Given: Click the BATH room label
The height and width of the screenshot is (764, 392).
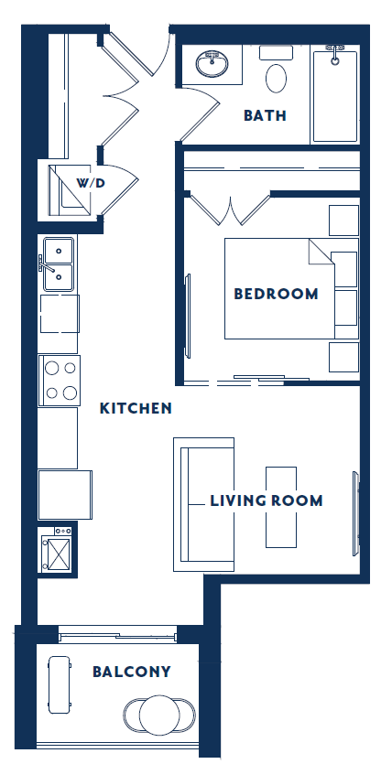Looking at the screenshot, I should coord(265,115).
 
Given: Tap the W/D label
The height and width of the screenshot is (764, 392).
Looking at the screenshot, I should coord(91,183).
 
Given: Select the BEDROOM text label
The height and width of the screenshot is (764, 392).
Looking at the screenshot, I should coord(276,294).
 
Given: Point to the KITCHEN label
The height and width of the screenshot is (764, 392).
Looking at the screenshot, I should coord(136,408).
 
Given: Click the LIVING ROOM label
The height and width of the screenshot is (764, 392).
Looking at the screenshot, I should coord(266,500).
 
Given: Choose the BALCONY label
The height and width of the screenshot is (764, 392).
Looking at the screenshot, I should coord(132,672).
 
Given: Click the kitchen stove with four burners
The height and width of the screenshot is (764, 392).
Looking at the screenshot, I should coord(60,380).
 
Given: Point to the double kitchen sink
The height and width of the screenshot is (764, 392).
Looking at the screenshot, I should coord(58,263).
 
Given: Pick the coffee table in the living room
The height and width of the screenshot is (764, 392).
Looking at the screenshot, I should coord(281,507).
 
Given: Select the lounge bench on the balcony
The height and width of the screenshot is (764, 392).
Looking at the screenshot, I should coord(60,684).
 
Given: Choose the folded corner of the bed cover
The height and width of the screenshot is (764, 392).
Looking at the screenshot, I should coord(321,252).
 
